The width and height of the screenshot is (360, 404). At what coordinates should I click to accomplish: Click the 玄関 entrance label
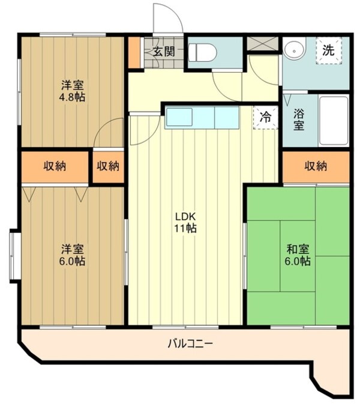164,52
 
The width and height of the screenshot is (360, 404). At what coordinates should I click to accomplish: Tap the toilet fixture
202,53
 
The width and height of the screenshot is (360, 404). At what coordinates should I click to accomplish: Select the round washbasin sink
295,50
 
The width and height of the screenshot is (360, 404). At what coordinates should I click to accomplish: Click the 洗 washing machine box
329,50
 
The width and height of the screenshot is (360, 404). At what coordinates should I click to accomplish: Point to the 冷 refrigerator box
265,118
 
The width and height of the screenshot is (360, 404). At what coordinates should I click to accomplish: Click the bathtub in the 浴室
334,121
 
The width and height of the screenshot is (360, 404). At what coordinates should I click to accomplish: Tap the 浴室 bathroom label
299,119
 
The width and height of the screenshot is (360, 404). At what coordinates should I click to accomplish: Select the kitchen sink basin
179,117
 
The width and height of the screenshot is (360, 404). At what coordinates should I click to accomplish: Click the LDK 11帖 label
185,223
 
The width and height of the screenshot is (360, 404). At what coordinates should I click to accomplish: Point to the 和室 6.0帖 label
298,255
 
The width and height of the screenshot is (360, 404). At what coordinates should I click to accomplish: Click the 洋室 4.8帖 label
73,91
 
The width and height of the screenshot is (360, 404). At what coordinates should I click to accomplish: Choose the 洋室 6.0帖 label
73,255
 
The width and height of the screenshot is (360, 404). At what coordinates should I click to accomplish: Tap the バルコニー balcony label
190,344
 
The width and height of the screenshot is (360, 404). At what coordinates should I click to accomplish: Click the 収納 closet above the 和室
316,166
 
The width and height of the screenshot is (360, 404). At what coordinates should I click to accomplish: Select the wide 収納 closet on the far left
55,166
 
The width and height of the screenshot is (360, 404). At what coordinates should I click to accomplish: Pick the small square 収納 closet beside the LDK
108,166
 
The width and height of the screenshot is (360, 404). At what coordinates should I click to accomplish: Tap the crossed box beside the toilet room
263,44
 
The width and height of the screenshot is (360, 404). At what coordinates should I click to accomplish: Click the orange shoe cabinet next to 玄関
134,53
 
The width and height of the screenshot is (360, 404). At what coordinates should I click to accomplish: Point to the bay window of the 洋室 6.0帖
15,256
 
